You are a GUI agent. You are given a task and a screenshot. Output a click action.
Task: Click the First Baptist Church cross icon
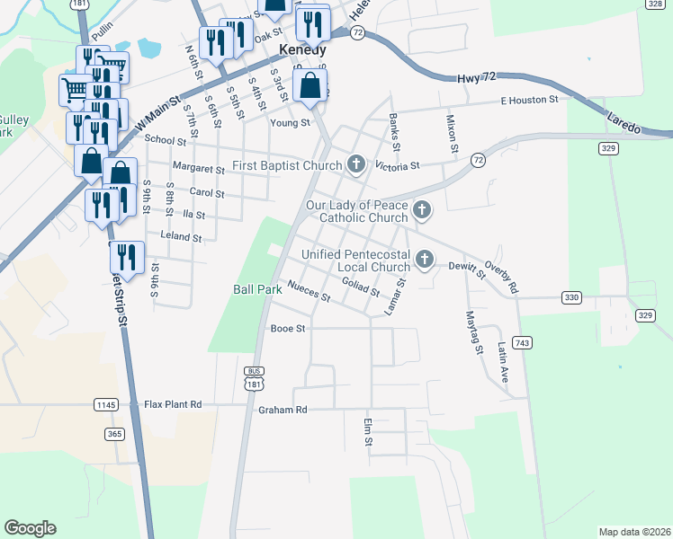pos(356,164)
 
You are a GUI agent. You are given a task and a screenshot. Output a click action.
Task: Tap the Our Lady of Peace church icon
pos(421,211)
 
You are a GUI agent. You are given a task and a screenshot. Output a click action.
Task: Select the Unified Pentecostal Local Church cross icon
pos(424,261)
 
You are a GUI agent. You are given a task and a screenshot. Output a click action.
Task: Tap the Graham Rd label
pos(283,411)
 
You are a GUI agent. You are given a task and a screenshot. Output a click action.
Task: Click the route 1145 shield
pos(106,405)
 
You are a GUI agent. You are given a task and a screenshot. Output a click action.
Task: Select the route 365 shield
pos(114,434)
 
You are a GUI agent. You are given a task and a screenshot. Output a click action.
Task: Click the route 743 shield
pos(522,343)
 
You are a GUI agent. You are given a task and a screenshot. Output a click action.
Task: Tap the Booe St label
pos(288,329)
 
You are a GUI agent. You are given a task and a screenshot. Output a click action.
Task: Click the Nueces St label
pos(309,292)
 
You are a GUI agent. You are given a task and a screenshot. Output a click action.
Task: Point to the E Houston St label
pos(530,100)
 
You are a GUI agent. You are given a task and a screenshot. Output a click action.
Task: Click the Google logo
pos(30,528)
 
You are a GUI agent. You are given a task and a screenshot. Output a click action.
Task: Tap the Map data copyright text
pos(633,532)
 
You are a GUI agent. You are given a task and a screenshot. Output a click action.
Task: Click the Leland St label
pos(180,237)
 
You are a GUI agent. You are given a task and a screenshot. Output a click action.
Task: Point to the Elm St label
pos(368,432)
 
